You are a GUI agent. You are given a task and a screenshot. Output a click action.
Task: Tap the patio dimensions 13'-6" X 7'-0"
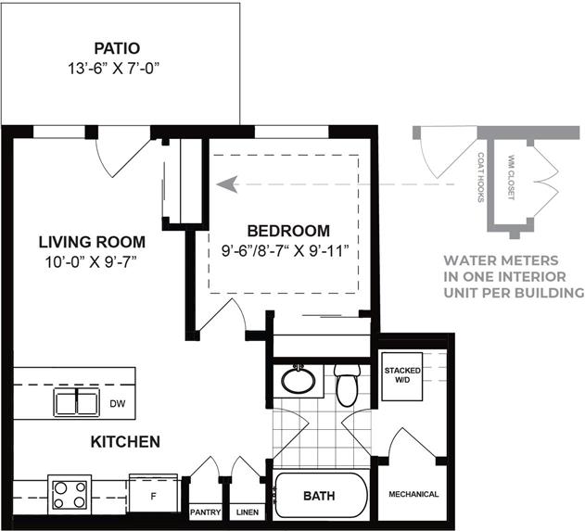click(x=121, y=68)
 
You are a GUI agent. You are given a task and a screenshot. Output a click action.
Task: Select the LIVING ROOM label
click(x=91, y=242)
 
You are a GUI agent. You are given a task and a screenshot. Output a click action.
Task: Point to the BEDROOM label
click(x=287, y=231)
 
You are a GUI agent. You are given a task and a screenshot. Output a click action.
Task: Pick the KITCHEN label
click(x=125, y=442)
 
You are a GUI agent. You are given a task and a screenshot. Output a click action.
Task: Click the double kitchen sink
click(x=76, y=402)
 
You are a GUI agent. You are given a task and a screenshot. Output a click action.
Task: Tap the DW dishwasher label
click(x=118, y=403)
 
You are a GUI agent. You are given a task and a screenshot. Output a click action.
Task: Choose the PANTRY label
click(x=204, y=512)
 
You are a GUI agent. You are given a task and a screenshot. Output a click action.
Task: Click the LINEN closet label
click(x=247, y=512)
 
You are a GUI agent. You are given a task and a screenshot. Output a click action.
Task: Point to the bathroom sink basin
click(x=299, y=380)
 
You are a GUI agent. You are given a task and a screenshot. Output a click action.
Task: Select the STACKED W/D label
click(x=402, y=374)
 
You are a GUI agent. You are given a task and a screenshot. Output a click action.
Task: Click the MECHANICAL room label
click(x=413, y=494)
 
